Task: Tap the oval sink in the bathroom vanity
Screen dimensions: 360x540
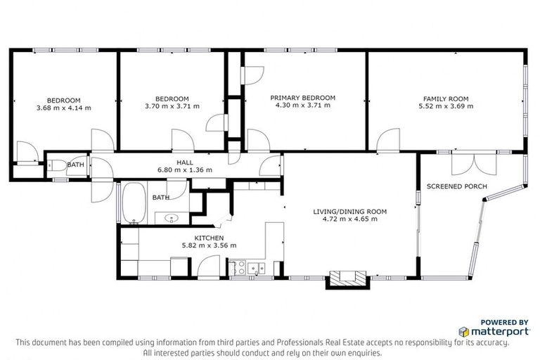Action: click(170, 218)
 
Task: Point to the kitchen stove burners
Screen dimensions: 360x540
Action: click(236, 267)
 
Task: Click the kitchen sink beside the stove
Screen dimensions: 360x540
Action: click(255, 267)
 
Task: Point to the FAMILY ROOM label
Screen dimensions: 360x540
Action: click(446, 99)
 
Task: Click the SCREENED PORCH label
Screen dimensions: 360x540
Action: click(457, 186)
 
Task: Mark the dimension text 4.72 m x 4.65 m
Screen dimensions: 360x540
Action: click(350, 219)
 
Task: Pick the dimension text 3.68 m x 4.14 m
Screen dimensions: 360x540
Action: click(63, 108)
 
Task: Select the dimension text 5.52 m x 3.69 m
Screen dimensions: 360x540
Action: click(446, 107)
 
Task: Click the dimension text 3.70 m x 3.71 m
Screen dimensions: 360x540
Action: click(172, 106)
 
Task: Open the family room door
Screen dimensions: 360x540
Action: click(387, 141)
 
